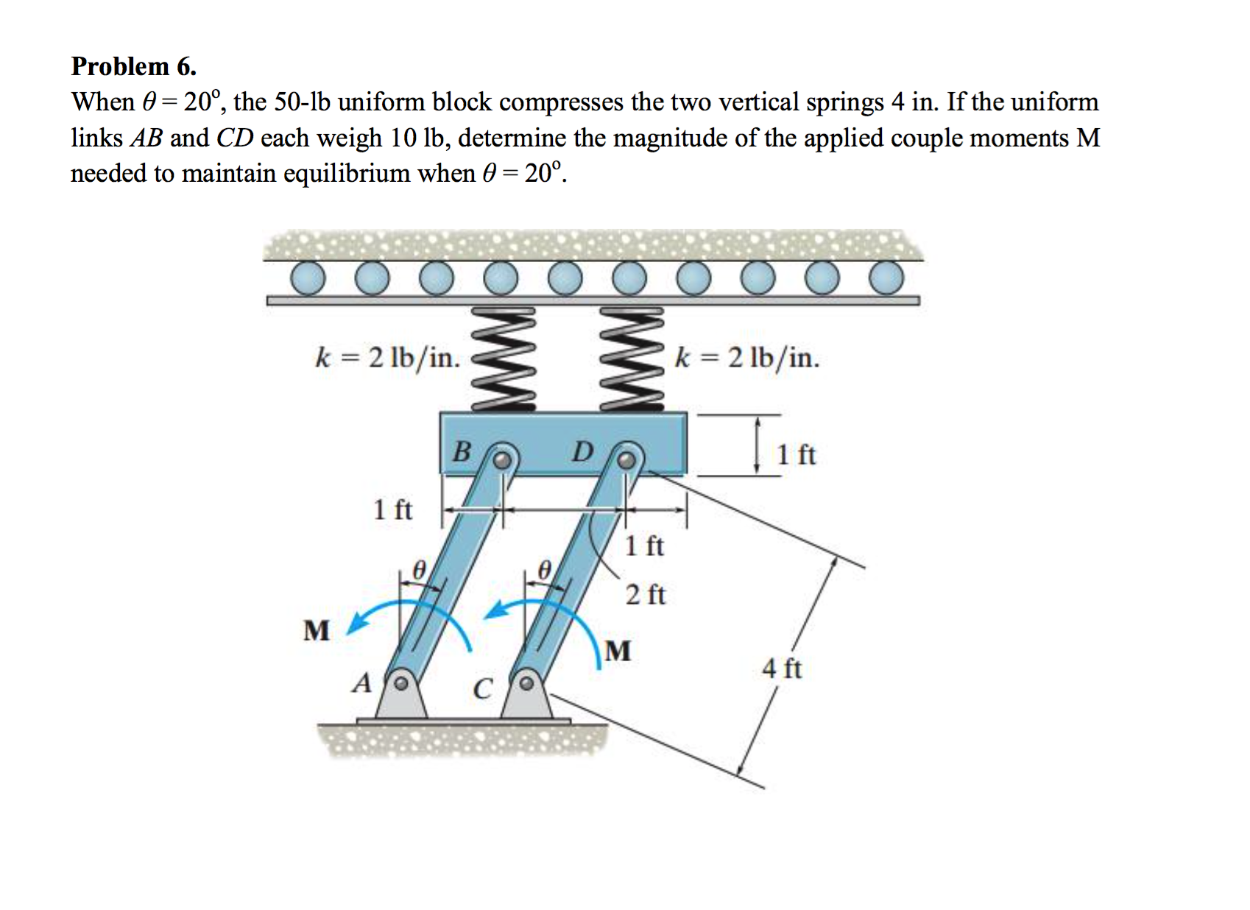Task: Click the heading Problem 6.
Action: tap(133, 66)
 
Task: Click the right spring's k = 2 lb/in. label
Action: tap(746, 358)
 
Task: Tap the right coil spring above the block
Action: tap(633, 360)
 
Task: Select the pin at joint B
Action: tap(501, 460)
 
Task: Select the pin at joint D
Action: tap(626, 460)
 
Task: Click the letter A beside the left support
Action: tap(361, 684)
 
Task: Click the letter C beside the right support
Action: tap(481, 689)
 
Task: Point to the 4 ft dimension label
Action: tap(781, 669)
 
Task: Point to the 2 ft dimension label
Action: tap(645, 594)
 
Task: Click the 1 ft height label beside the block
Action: tap(796, 455)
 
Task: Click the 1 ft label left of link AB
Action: tap(392, 509)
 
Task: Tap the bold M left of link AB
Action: tap(317, 631)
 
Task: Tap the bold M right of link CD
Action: tap(618, 651)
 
